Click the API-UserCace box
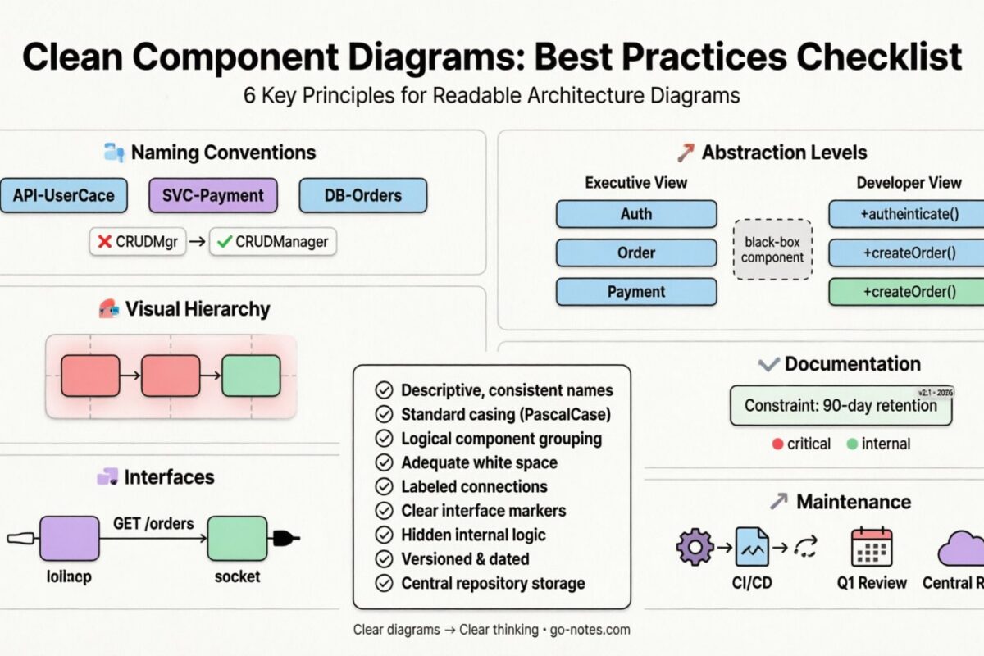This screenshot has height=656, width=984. point(64,196)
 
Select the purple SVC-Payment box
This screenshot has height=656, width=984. point(213,196)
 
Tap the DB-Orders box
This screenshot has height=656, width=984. point(363,196)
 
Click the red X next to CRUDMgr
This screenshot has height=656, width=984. point(104,242)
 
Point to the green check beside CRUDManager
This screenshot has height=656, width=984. point(223,242)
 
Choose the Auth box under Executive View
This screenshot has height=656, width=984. point(636,214)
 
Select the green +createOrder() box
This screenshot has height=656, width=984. point(906,292)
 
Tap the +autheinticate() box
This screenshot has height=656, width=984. point(906,214)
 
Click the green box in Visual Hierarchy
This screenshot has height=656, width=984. point(251,376)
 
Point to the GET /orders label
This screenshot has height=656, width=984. point(153,523)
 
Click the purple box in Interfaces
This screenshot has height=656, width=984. point(69,539)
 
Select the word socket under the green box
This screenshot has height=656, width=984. point(237,576)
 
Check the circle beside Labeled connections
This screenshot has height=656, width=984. point(383,486)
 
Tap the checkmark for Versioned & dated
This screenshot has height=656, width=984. point(383,559)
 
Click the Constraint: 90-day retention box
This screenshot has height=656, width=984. point(840,405)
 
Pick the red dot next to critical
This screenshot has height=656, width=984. point(777,444)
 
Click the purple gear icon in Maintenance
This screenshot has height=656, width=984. point(695,547)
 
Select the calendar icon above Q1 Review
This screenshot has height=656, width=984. point(871,547)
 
